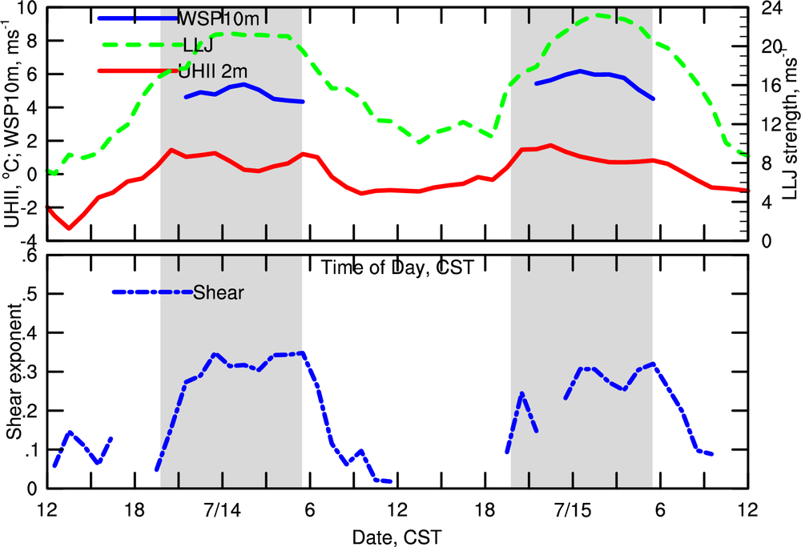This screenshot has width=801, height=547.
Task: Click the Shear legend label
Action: coord(218,292)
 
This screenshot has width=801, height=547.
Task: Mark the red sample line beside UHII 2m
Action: coord(137,71)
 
